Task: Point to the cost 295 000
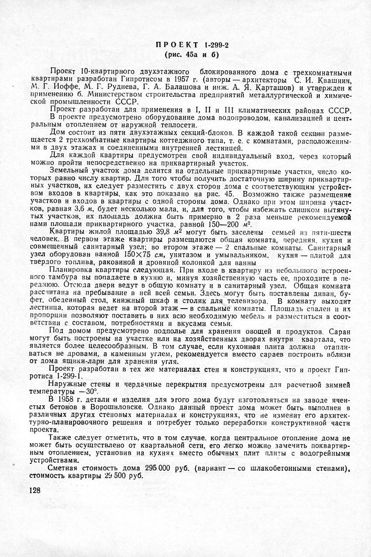click(x=145, y=468)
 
